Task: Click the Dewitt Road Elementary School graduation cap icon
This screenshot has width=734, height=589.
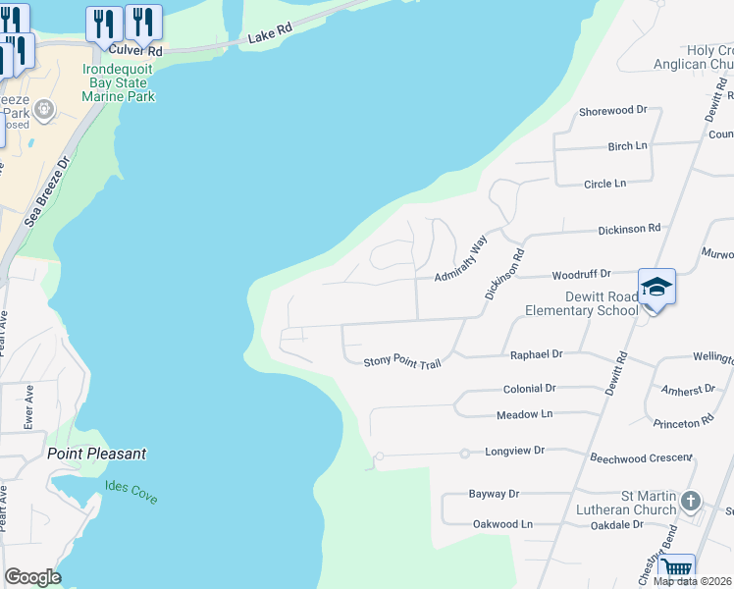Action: (656, 287)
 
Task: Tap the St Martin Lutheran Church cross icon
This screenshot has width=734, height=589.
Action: (691, 502)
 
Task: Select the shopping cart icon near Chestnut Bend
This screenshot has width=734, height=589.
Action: (676, 568)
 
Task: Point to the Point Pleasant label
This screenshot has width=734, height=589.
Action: (97, 454)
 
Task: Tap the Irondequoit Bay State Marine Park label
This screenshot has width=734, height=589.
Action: (120, 83)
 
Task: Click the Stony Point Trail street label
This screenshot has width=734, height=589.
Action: (402, 362)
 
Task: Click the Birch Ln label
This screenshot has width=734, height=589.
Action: (628, 146)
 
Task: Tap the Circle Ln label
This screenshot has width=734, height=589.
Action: (604, 184)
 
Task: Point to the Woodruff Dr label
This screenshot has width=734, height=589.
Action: (581, 274)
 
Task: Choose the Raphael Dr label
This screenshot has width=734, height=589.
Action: (536, 353)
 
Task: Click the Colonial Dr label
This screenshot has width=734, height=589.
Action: (529, 389)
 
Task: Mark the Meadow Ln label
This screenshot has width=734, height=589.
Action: (525, 414)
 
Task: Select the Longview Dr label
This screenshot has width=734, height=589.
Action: (514, 451)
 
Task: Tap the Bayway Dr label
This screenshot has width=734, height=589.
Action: (494, 494)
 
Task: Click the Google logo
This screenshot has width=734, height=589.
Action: (32, 577)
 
